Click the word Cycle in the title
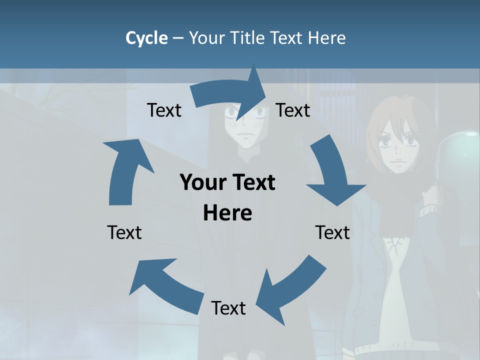(x=146, y=38)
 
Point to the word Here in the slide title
(x=326, y=38)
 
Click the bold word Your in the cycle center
(x=202, y=182)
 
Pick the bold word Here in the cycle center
(x=227, y=213)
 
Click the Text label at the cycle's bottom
(x=228, y=308)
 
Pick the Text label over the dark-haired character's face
(x=293, y=110)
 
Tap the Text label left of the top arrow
(x=164, y=110)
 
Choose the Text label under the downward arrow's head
(x=332, y=232)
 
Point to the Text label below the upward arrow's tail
(x=124, y=232)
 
